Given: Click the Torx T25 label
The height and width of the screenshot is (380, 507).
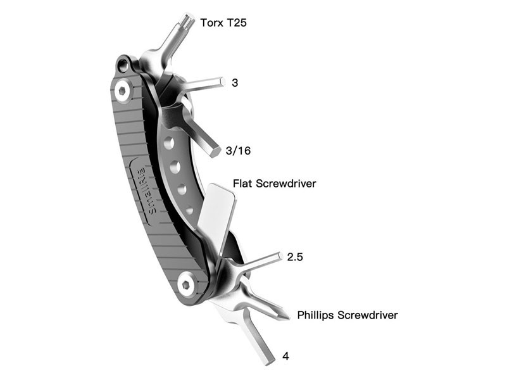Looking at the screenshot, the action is tap(223, 23).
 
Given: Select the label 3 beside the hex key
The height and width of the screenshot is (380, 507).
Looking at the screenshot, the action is tap(235, 83).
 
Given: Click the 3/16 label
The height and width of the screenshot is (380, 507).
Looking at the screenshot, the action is tap(238, 150).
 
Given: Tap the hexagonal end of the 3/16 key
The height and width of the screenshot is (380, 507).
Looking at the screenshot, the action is tap(214, 151).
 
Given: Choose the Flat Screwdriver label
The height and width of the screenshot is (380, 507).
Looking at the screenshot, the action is tap(275, 184).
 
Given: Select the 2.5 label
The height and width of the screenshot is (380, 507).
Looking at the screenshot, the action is tap(295, 256).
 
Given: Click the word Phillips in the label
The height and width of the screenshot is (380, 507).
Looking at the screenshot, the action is tap(316, 315).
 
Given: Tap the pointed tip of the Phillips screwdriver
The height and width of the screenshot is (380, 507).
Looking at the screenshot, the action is tap(287, 317).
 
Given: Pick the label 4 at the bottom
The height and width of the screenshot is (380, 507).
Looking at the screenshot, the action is tap(285, 357).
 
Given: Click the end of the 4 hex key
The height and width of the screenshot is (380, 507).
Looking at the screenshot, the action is tap(270, 360).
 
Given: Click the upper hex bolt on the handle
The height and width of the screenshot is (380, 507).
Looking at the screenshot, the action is tap(123, 91).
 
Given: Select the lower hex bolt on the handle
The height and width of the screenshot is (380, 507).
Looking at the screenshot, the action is tap(187, 284).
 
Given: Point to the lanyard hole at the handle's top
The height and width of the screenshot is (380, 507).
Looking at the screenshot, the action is tap(123, 65).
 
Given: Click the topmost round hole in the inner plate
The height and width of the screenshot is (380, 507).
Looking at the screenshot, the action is tap(169, 143).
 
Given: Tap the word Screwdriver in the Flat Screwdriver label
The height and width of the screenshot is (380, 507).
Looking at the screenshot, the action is tap(286, 184).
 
